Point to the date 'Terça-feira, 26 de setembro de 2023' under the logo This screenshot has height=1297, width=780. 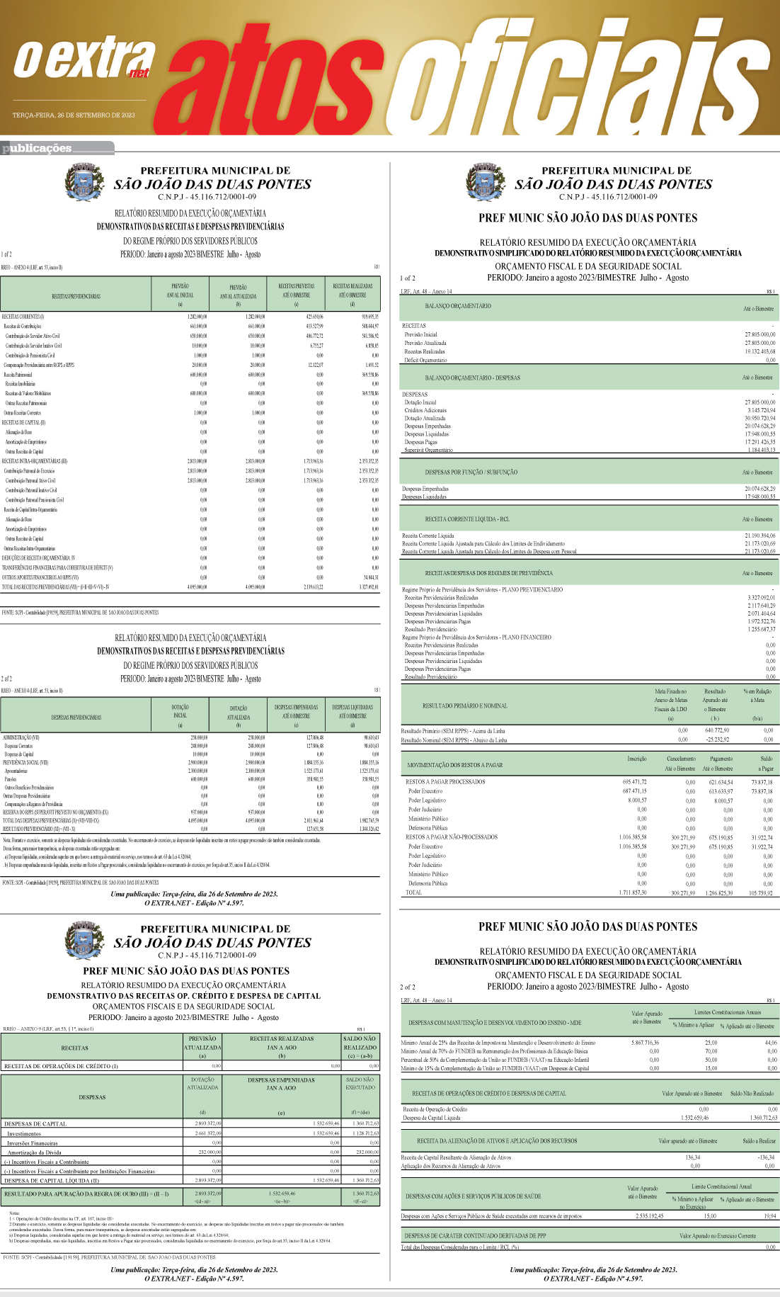[x=74, y=115]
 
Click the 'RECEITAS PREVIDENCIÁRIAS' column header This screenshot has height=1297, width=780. [x=76, y=296]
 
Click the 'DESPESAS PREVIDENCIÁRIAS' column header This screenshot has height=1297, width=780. [x=76, y=717]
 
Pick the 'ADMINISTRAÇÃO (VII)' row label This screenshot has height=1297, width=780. [x=21, y=737]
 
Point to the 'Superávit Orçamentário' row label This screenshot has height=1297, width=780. [x=428, y=450]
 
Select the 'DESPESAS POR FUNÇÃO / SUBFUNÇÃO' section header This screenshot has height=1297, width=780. [x=471, y=472]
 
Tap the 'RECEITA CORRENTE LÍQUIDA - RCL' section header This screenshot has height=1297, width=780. [x=466, y=519]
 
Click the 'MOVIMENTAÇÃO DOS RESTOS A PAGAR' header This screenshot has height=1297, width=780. [x=454, y=765]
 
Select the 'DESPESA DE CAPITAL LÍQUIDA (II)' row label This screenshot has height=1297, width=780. [x=51, y=1181]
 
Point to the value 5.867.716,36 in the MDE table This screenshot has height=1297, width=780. [x=645, y=1043]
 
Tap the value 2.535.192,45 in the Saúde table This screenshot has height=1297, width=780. [x=649, y=1216]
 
